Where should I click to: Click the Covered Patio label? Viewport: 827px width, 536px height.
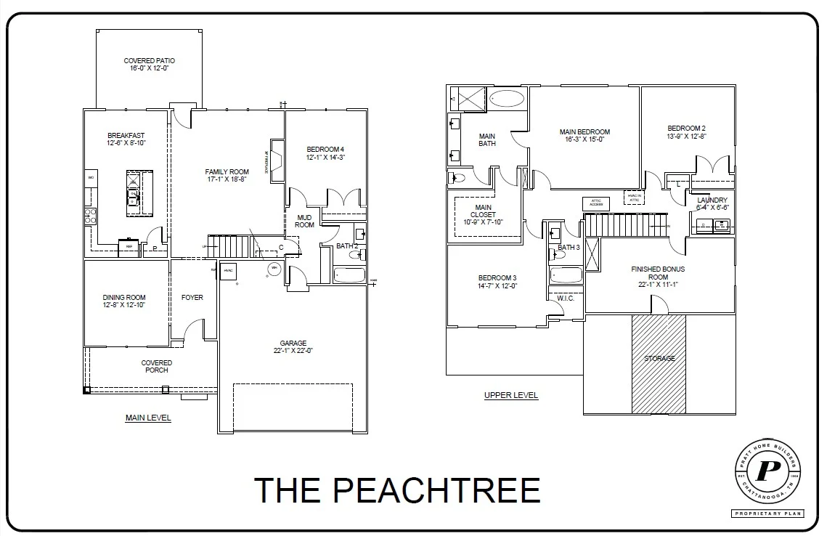point(149,61)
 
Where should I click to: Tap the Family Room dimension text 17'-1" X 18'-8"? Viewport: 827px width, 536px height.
point(227,179)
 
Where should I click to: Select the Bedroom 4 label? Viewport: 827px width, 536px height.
point(325,150)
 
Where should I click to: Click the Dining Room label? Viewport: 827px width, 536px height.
point(126,297)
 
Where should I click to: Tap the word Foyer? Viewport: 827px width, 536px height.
point(192,298)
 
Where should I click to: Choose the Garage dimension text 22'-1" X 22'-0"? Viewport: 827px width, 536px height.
point(293,351)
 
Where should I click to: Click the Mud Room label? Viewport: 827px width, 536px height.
point(304,221)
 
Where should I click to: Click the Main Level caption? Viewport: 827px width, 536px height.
point(148,418)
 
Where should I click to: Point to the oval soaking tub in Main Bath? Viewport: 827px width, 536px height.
point(507,99)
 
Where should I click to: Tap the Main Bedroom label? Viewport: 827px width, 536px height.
point(584,132)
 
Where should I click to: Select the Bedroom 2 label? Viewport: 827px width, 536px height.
point(686,129)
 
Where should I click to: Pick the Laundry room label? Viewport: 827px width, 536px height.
point(712,200)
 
